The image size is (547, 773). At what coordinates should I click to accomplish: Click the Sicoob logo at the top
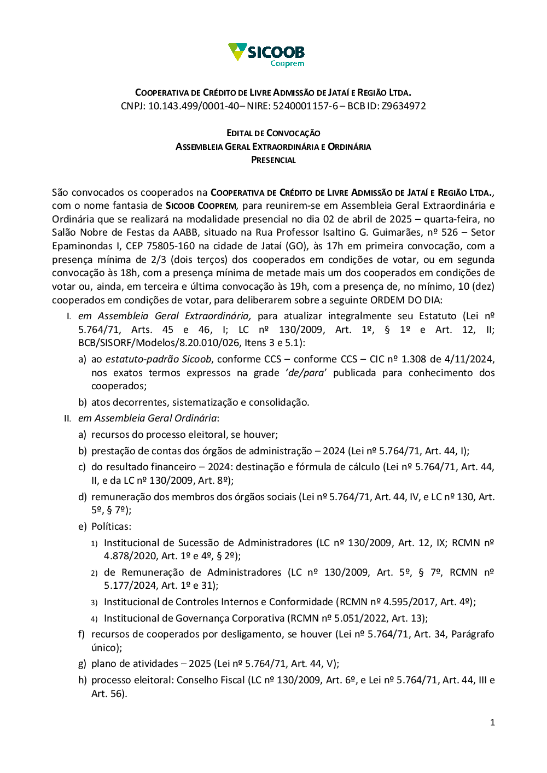click(266, 55)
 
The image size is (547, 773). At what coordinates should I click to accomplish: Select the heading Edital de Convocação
click(273, 133)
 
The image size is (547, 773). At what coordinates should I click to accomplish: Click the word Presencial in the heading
click(273, 160)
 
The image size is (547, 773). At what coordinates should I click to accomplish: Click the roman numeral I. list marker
click(69, 316)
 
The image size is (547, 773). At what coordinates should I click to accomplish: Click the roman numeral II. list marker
click(68, 418)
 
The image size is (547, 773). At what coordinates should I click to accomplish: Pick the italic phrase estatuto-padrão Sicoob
click(158, 359)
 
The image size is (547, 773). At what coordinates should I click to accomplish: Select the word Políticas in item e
click(111, 526)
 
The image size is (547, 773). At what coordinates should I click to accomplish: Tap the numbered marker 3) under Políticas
click(94, 602)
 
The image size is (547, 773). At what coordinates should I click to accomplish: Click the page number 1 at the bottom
click(492, 723)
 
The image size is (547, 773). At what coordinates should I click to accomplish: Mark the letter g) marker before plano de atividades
click(82, 664)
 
